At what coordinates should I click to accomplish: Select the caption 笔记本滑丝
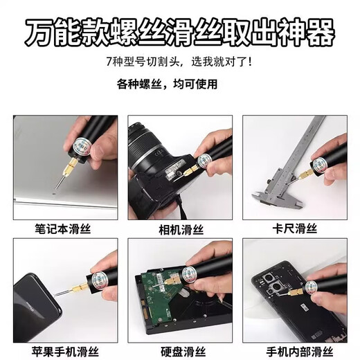62,228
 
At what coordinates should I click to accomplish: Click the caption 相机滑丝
179,228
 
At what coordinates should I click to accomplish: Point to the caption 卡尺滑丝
294,228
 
